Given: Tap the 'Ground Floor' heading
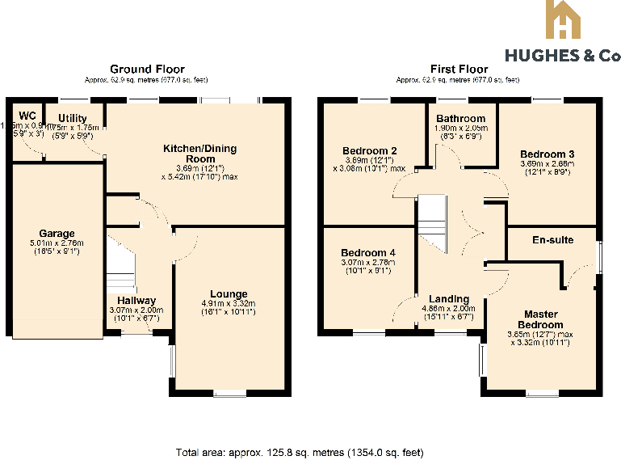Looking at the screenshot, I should [147, 70].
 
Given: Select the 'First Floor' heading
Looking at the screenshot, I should [459, 70].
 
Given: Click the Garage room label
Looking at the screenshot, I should [57, 233].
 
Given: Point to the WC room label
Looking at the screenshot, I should [27, 115].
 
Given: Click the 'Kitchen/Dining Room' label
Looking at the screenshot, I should [195, 154].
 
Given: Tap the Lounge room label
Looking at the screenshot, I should [229, 294].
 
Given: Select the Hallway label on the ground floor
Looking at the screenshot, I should [136, 301].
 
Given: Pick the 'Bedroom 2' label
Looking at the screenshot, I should [369, 151].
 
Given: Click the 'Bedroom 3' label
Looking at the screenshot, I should [547, 154].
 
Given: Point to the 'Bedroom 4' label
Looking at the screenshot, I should [367, 251].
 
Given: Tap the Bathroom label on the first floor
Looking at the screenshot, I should [461, 119].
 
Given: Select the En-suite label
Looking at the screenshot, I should [552, 240].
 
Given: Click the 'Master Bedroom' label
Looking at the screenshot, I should [540, 319].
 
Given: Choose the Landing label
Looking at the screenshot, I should [449, 299].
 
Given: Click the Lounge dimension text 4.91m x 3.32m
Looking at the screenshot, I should [229, 304].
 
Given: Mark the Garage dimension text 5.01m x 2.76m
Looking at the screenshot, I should [57, 243].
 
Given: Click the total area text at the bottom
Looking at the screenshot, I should [300, 452].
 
